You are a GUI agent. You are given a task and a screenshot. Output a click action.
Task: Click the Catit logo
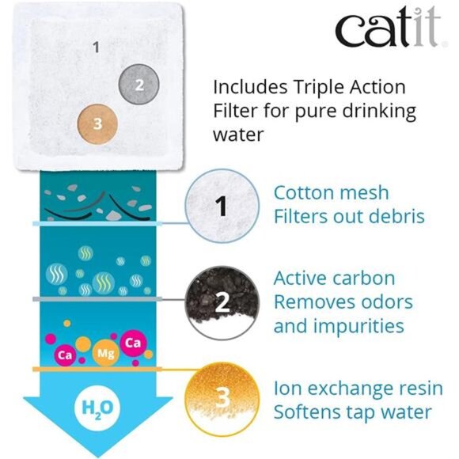(x=390, y=26)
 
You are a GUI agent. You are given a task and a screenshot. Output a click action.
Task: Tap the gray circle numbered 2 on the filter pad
(x=138, y=85)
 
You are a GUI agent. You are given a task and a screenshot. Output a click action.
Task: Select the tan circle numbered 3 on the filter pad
(x=97, y=124)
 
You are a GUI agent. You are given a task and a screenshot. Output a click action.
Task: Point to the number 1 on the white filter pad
(x=96, y=47)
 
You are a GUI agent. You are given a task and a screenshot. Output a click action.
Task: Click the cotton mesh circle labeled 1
(x=222, y=206)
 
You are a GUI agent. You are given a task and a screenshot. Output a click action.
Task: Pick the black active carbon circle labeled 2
(x=222, y=302)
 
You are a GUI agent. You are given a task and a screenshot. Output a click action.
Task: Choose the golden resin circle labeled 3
(x=222, y=400)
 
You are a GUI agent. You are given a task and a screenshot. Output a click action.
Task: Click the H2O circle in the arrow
(x=97, y=408)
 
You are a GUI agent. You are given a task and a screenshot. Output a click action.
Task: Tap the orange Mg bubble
(x=106, y=353)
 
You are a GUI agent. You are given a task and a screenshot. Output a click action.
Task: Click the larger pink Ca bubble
(x=133, y=343)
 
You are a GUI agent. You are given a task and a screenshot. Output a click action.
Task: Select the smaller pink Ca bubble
(x=65, y=355)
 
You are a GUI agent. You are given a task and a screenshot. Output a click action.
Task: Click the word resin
(x=418, y=389)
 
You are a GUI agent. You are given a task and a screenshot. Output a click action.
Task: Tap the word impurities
(x=358, y=326)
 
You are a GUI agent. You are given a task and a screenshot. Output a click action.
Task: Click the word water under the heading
(x=238, y=135)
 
